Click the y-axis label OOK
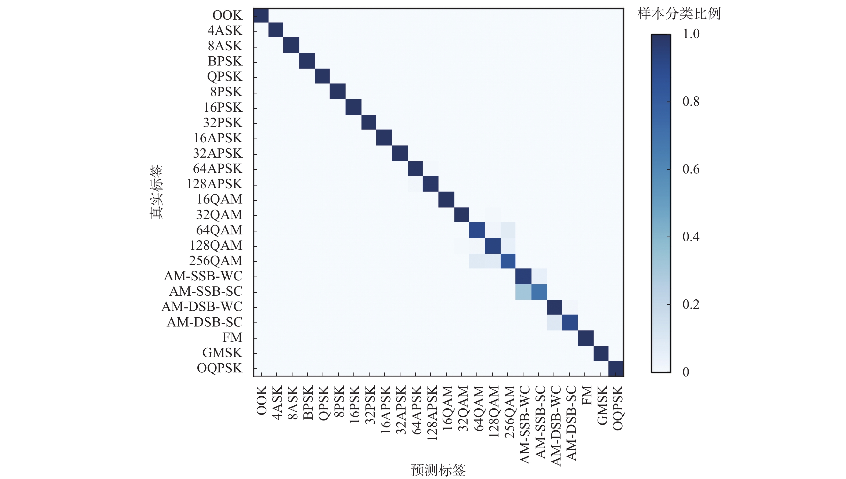227,15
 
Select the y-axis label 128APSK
215,184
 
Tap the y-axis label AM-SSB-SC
206,291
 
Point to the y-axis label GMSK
222,353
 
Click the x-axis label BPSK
308,403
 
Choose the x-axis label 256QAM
509,412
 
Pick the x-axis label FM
586,395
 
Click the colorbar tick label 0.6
691,169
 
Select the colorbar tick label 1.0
691,34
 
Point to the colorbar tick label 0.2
691,304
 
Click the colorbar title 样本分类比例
679,14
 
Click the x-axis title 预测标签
438,470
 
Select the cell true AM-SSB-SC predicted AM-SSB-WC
523,292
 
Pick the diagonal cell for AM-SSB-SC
539,292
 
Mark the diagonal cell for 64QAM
477,230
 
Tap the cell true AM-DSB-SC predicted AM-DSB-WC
554,322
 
